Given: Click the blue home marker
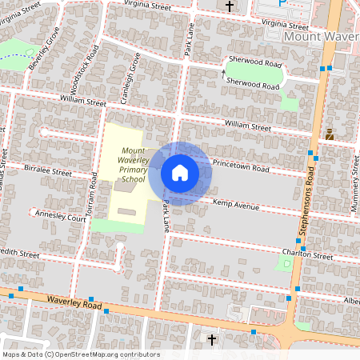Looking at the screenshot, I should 180,173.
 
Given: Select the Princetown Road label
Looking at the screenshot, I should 241,164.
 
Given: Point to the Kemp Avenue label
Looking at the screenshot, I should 236,206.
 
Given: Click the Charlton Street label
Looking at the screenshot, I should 307,256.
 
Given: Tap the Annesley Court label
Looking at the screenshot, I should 58,216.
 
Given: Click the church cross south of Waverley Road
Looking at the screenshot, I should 211,341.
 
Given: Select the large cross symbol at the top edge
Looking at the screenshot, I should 230,6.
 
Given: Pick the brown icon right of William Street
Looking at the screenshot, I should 329,135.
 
